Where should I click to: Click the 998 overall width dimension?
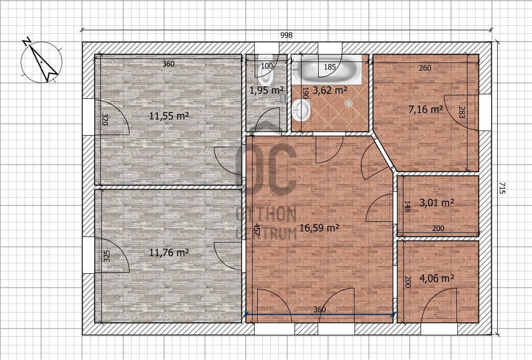[286, 35]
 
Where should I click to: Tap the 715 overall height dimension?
[502, 188]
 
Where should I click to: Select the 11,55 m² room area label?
[169, 116]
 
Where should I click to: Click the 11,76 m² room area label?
[169, 253]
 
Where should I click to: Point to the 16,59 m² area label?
[319, 228]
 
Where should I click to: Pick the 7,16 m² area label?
[426, 109]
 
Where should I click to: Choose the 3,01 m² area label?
[437, 203]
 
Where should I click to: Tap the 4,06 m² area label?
[437, 278]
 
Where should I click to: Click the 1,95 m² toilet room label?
[267, 90]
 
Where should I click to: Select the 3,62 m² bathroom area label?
[330, 90]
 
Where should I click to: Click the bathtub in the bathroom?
[327, 70]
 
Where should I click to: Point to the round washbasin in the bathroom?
[301, 109]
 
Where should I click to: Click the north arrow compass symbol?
[41, 62]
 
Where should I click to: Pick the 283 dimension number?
[461, 112]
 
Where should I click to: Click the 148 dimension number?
[407, 206]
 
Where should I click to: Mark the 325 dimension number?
[106, 256]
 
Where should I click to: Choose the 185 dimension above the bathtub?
[329, 67]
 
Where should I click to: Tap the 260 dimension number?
[425, 68]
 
